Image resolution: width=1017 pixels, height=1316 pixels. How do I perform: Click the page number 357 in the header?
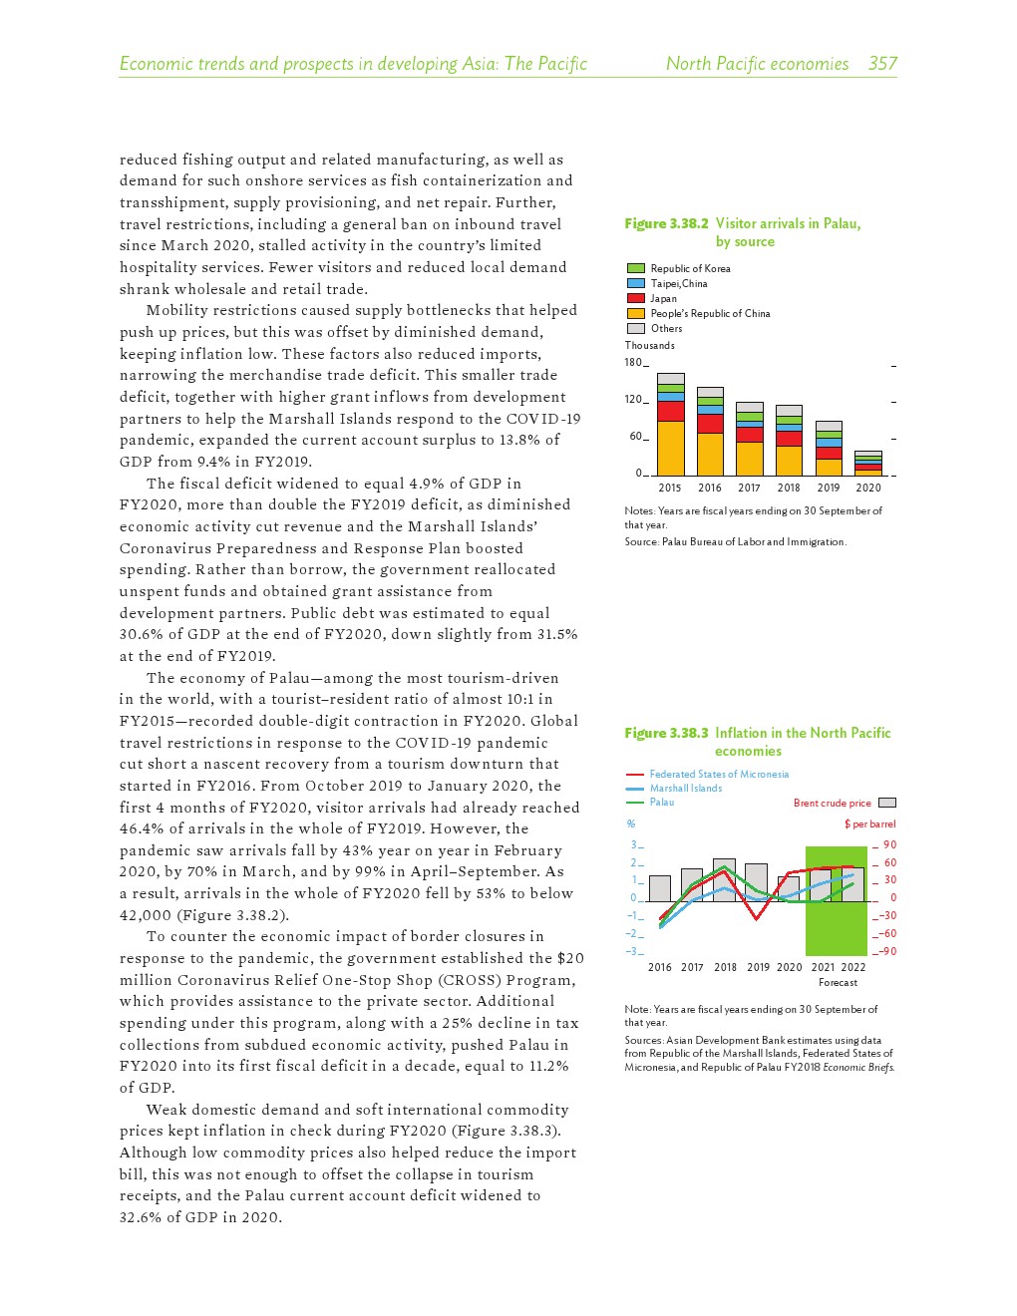click(x=882, y=64)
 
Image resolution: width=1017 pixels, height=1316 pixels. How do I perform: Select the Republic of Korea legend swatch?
click(x=635, y=268)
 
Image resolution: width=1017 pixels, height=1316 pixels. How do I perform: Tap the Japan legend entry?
click(x=663, y=298)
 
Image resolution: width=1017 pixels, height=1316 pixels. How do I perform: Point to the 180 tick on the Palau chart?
click(x=633, y=362)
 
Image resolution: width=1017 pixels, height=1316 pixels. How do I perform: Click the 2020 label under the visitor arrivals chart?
click(x=868, y=488)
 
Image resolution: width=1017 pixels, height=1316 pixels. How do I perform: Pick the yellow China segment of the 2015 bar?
click(x=671, y=448)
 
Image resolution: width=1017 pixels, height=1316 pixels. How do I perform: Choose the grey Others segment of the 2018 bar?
click(x=789, y=411)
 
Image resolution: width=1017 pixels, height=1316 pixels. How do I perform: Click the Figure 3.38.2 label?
click(x=666, y=223)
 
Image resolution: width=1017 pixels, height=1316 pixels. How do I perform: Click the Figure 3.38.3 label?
click(x=666, y=733)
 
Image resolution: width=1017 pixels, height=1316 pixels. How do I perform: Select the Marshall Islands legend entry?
click(x=686, y=788)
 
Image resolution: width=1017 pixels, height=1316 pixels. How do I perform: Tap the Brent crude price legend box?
click(x=887, y=803)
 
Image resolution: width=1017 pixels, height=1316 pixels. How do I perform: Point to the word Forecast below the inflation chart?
click(x=838, y=982)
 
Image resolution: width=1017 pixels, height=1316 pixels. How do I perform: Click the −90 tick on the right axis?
click(x=887, y=951)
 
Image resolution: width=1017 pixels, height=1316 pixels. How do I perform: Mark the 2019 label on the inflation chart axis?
click(x=758, y=967)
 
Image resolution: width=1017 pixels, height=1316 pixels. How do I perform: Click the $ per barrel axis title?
click(x=869, y=823)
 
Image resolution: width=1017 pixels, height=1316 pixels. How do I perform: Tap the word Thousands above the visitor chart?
click(x=650, y=345)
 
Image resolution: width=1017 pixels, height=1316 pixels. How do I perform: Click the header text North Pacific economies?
click(x=757, y=64)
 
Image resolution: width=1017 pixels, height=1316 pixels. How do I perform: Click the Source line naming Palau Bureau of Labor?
click(x=736, y=541)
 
